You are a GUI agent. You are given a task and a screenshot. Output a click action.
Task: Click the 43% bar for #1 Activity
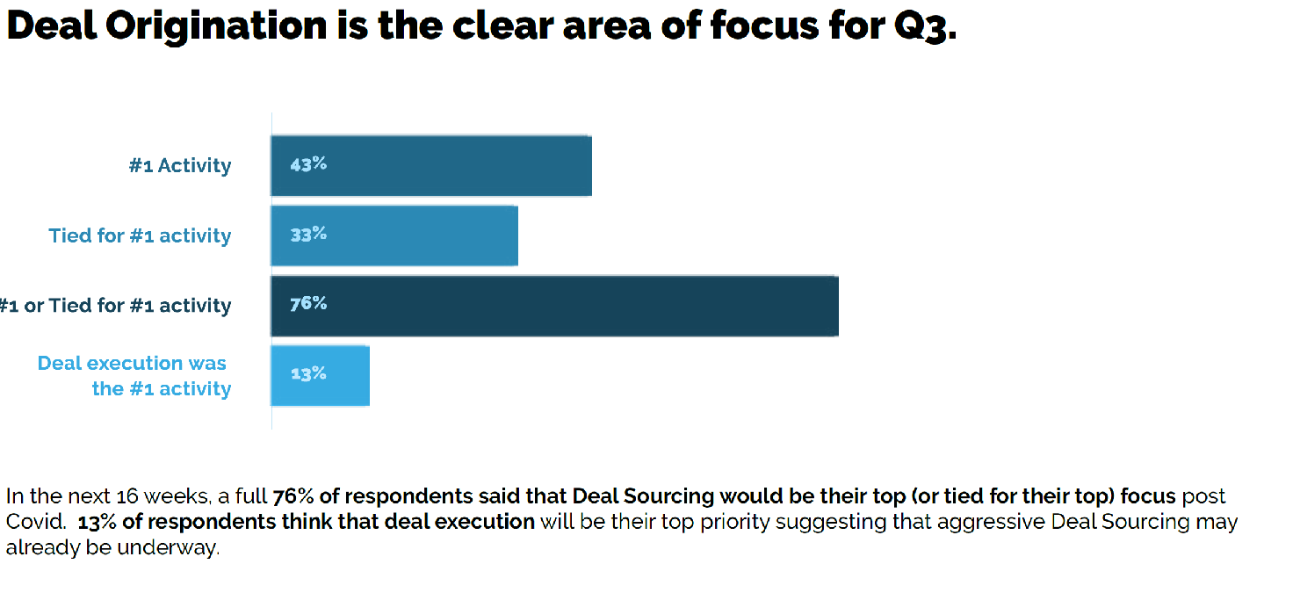pyautogui.click(x=430, y=165)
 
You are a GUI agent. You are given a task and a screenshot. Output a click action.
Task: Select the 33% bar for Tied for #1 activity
pyautogui.click(x=394, y=235)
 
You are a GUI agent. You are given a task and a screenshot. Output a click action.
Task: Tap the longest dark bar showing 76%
pyautogui.click(x=553, y=306)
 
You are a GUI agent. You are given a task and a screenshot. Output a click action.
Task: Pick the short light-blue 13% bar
pyautogui.click(x=320, y=376)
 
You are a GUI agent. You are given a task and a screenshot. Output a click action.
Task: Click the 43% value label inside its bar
pyautogui.click(x=307, y=164)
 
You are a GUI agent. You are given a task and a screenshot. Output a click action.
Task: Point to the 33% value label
pyautogui.click(x=307, y=235)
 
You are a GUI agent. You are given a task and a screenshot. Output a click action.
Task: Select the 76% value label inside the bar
pyautogui.click(x=307, y=304)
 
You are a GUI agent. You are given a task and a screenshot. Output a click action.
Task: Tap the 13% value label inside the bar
pyautogui.click(x=307, y=374)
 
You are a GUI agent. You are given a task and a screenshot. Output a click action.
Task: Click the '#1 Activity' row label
pyautogui.click(x=180, y=166)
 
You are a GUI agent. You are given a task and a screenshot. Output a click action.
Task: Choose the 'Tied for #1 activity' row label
pyautogui.click(x=140, y=236)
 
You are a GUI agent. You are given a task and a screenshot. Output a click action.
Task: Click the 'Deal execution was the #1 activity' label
pyautogui.click(x=134, y=376)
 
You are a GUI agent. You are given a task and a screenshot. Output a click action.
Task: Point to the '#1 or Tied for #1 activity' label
pyautogui.click(x=115, y=307)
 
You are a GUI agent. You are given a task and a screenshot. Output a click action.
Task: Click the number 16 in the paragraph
pyautogui.click(x=127, y=496)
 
